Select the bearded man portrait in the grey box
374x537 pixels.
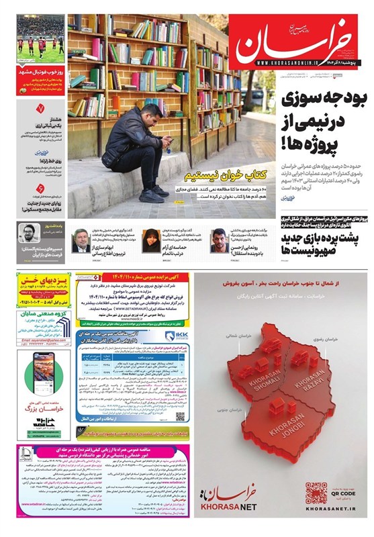point(28,233)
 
